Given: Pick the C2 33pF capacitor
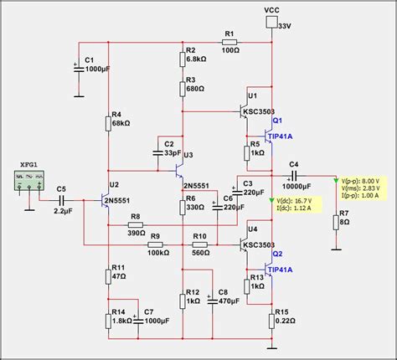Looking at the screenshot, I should tap(158, 153).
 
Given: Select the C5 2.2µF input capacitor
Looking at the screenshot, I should tap(62, 201).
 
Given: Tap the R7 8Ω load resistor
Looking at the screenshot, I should tap(336, 221).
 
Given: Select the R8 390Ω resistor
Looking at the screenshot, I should tap(135, 226).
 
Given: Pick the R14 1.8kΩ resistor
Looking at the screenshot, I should tap(107, 319).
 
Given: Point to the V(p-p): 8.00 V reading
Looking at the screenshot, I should tap(363, 181).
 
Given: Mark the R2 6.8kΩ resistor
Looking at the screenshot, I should tap(183, 59).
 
